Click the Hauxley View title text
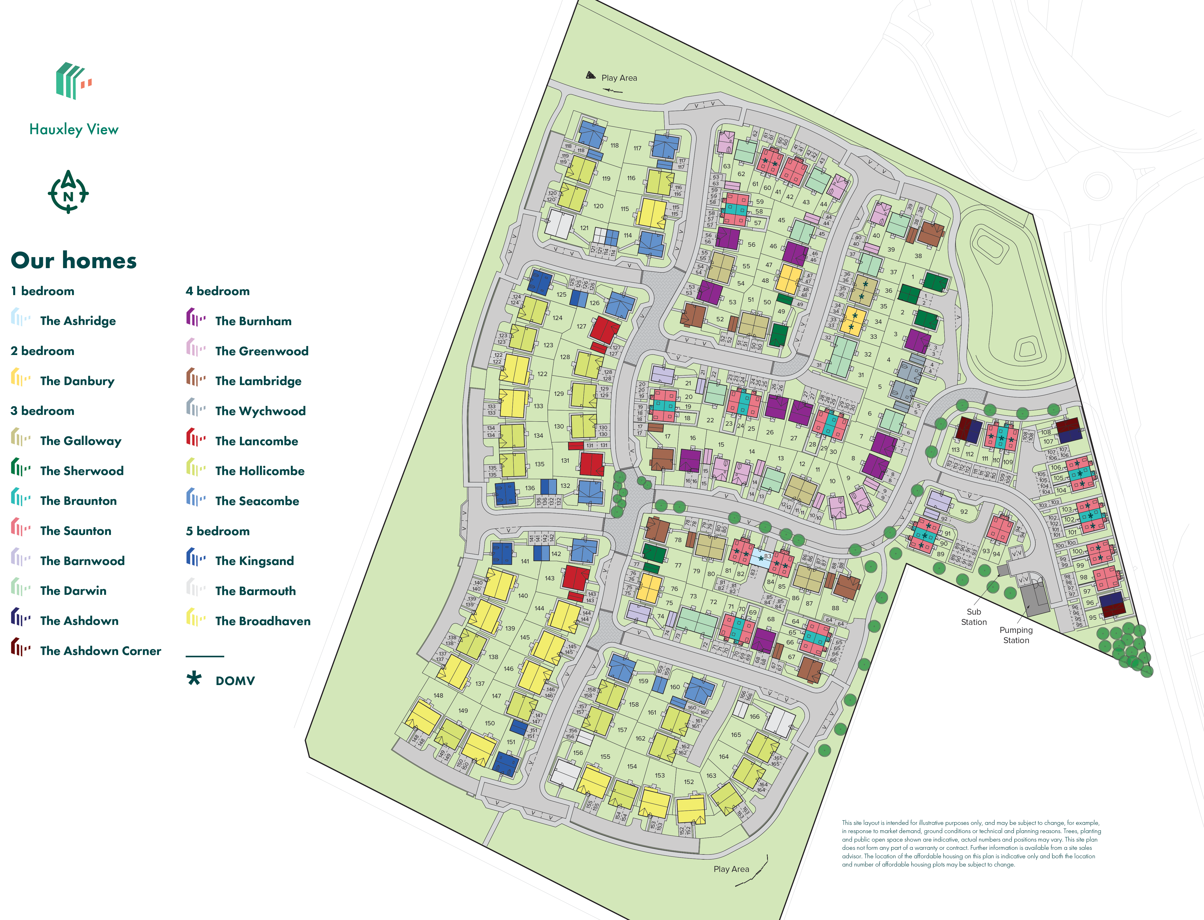click(x=74, y=130)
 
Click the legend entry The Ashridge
click(x=78, y=321)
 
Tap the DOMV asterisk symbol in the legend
click(x=194, y=679)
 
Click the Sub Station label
click(x=973, y=617)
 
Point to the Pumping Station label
click(x=1016, y=635)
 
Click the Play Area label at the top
click(x=619, y=78)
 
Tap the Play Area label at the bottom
click(x=731, y=869)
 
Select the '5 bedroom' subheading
click(x=218, y=531)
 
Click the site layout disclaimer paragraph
click(x=971, y=843)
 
